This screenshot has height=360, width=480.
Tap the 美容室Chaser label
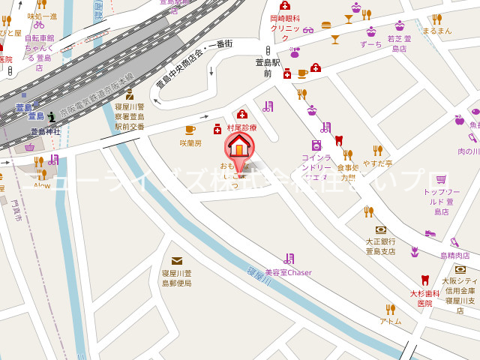[x=288, y=272]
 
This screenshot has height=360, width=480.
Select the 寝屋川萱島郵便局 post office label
[x=177, y=278]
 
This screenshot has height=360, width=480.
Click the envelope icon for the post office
[x=176, y=261]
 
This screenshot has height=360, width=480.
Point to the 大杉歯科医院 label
[x=425, y=298]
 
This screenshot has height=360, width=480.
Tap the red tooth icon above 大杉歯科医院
[x=424, y=280]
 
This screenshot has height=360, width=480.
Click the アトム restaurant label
[x=390, y=321]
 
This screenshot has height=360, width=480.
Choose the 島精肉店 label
[x=455, y=256]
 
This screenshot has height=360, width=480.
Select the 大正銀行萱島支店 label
[x=380, y=246]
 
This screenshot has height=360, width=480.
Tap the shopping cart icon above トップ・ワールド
[x=441, y=179]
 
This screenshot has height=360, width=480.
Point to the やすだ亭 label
[x=377, y=163]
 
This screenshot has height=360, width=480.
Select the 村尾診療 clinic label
[x=241, y=127]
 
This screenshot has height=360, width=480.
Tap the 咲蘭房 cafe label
[x=190, y=143]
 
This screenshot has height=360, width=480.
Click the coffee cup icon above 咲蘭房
[x=190, y=130]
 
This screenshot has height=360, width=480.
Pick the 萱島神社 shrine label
[x=46, y=131]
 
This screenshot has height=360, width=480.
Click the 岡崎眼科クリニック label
[x=285, y=28]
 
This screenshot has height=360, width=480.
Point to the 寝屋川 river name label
[x=259, y=277]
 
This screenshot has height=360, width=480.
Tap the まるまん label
[x=437, y=31]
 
